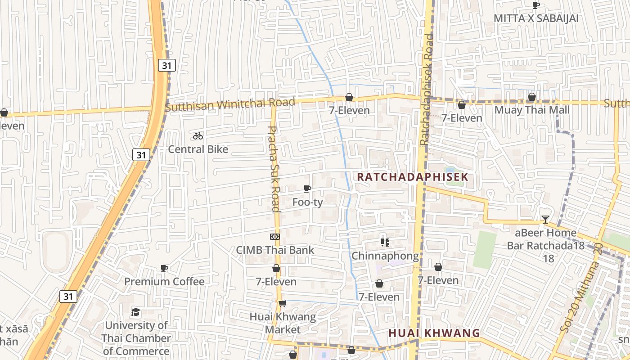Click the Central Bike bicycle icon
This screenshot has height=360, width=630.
click(x=198, y=136)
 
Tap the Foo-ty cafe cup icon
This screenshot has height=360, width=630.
click(x=307, y=189)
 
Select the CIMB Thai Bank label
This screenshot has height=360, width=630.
click(x=275, y=250)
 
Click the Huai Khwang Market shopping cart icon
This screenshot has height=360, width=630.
click(x=282, y=303)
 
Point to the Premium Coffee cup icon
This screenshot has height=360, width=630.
click(x=164, y=268)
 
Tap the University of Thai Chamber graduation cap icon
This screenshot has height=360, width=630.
click(x=135, y=312)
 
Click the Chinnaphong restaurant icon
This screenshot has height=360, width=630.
click(x=385, y=243)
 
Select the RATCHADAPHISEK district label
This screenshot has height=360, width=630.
click(x=413, y=177)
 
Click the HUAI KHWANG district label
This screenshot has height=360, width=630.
click(x=434, y=333)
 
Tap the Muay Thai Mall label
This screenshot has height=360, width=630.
click(x=532, y=110)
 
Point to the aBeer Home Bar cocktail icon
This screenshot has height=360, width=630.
click(x=545, y=220)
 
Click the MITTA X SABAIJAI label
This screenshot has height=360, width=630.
click(x=536, y=18)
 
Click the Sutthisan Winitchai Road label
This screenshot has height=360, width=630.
click(x=229, y=104)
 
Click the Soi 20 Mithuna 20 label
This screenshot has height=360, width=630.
click(x=581, y=287)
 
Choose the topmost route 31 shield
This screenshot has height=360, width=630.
click(x=166, y=65)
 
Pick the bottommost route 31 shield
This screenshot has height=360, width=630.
click(x=68, y=296)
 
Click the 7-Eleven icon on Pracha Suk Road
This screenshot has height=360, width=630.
click(x=276, y=269)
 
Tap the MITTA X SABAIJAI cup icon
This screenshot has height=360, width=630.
click(x=535, y=5)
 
